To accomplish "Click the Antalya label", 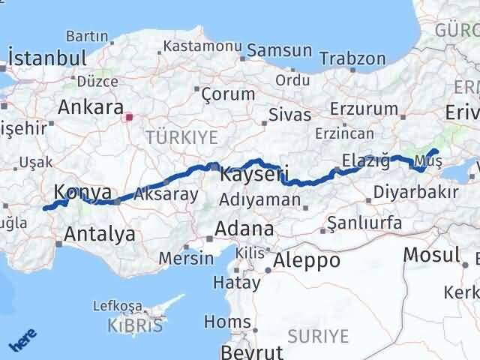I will pos(100,234).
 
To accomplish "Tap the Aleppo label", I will pos(307,260).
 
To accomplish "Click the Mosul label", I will pos(431,254).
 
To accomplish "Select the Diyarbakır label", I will pos(417,193).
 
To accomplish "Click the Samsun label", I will pos(279,50).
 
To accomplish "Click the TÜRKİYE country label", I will pos(181,136).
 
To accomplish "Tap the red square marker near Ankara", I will pos(129,117).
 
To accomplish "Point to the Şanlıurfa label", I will pos(370,223).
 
